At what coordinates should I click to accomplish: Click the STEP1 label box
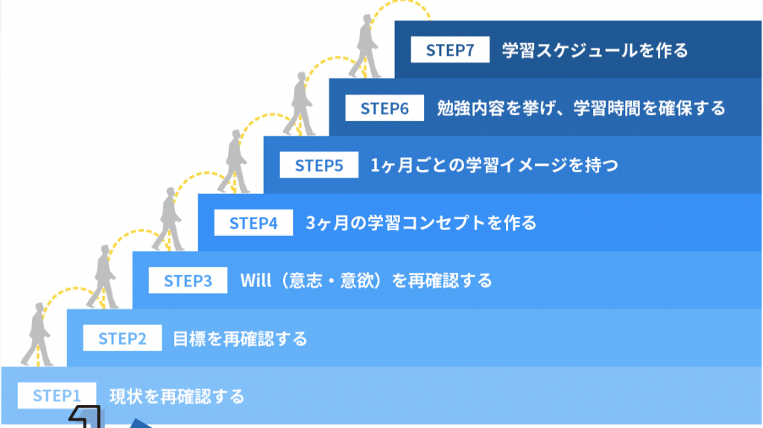click(57, 395)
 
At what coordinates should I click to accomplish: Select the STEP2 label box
click(122, 338)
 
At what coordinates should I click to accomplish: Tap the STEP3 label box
click(188, 280)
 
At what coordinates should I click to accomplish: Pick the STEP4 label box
click(253, 222)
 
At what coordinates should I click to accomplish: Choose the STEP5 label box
click(319, 165)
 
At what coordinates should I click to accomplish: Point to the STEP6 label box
click(384, 107)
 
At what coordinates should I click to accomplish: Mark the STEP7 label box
click(450, 50)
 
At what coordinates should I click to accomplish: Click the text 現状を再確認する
click(177, 397)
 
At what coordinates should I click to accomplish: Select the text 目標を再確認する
click(240, 339)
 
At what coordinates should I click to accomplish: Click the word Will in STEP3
click(256, 280)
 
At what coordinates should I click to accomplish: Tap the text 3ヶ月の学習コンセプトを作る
click(421, 223)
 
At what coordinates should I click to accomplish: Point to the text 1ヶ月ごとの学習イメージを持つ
click(495, 166)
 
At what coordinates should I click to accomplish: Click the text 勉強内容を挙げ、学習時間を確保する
click(581, 108)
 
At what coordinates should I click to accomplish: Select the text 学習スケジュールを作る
click(595, 50)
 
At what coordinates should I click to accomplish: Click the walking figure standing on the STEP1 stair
click(37, 334)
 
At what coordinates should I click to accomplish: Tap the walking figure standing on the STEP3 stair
click(168, 219)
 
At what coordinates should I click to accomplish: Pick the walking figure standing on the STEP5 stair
click(300, 104)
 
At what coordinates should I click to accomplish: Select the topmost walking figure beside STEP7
click(365, 46)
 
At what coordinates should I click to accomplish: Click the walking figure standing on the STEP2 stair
click(103, 277)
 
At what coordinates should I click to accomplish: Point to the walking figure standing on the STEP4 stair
click(233, 161)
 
